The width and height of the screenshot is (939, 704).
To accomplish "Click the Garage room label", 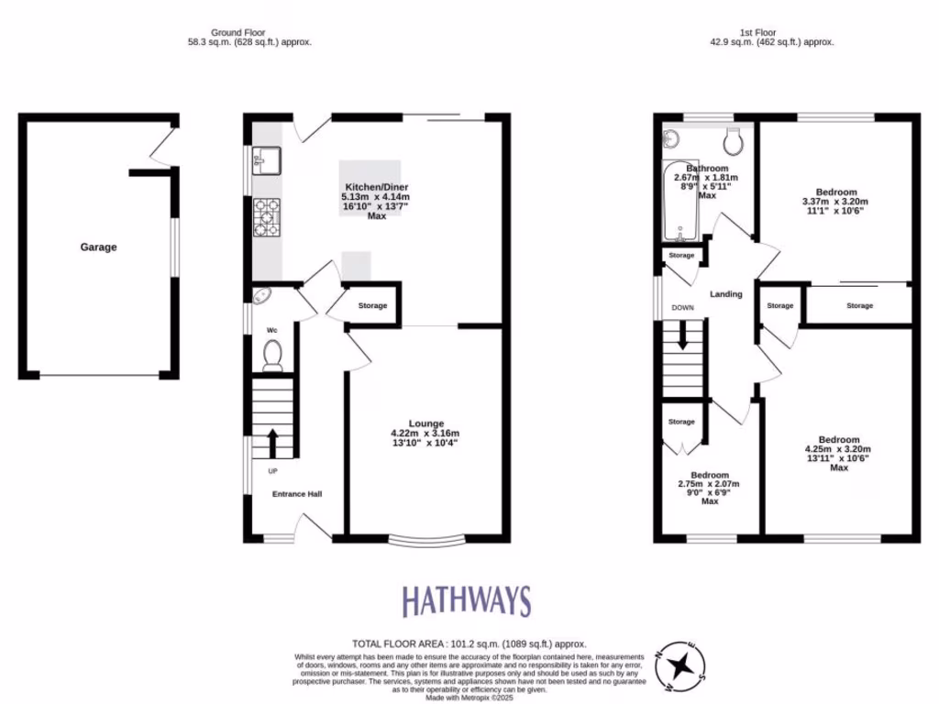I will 98,247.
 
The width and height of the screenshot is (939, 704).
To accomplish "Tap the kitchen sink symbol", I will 267,162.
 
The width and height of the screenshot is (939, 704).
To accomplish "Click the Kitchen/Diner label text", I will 375,186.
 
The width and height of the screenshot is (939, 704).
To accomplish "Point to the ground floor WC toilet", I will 271,355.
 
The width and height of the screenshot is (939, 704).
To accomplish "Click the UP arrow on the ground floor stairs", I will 272,443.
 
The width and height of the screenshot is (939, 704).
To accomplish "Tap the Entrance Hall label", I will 296,494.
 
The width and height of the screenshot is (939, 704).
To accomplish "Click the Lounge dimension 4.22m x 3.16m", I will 425,434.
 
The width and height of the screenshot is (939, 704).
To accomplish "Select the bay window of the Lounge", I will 426,540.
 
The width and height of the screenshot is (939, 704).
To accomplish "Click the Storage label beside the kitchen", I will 372,306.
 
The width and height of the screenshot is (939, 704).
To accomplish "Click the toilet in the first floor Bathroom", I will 734,142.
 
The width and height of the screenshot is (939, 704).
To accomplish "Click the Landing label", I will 725,294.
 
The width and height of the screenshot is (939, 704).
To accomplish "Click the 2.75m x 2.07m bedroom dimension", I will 708,484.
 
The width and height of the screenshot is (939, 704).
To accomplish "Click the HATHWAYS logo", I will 467,602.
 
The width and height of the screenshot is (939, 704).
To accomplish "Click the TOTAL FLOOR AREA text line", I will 469,644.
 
